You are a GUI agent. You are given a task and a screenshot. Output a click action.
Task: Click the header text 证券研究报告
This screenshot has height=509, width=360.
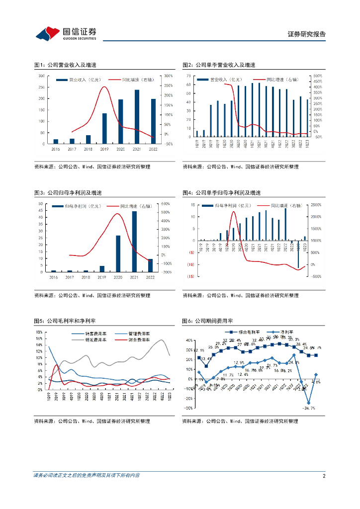tap(307, 34)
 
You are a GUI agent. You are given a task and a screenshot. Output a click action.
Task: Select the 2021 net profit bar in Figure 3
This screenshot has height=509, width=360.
tap(134, 242)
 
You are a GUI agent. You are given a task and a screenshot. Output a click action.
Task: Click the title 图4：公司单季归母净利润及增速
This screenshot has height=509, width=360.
tap(222, 193)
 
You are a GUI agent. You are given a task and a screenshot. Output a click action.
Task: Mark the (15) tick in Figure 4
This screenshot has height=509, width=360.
tap(190, 276)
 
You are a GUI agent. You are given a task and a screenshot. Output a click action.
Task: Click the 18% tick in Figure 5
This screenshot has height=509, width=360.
tap(38, 332)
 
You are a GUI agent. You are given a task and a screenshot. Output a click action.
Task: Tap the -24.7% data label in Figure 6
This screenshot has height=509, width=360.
tap(309, 408)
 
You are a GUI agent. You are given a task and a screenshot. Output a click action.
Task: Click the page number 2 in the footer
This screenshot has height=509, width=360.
tap(324, 476)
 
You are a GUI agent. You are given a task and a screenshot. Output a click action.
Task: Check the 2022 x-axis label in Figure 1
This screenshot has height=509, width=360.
tap(153, 149)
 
